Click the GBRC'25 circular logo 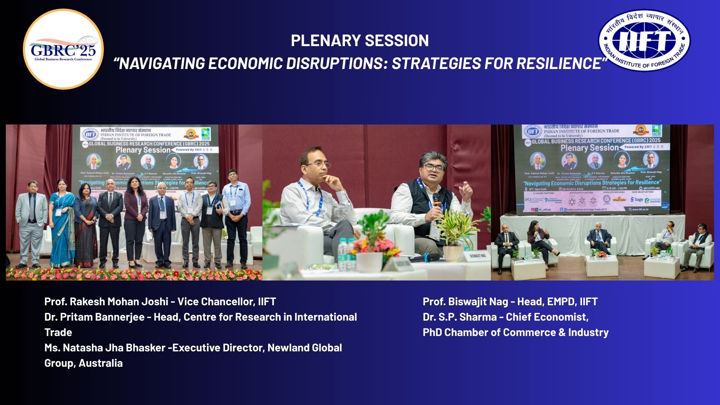[x=63, y=49]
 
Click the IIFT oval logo [x=643, y=40]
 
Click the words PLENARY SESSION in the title [x=360, y=40]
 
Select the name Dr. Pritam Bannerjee [x=94, y=317]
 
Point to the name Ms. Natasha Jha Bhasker [x=105, y=348]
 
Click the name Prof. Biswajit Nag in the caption [x=465, y=301]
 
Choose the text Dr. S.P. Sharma [x=459, y=317]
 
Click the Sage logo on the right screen [x=637, y=199]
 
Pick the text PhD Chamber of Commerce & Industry [x=515, y=332]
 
